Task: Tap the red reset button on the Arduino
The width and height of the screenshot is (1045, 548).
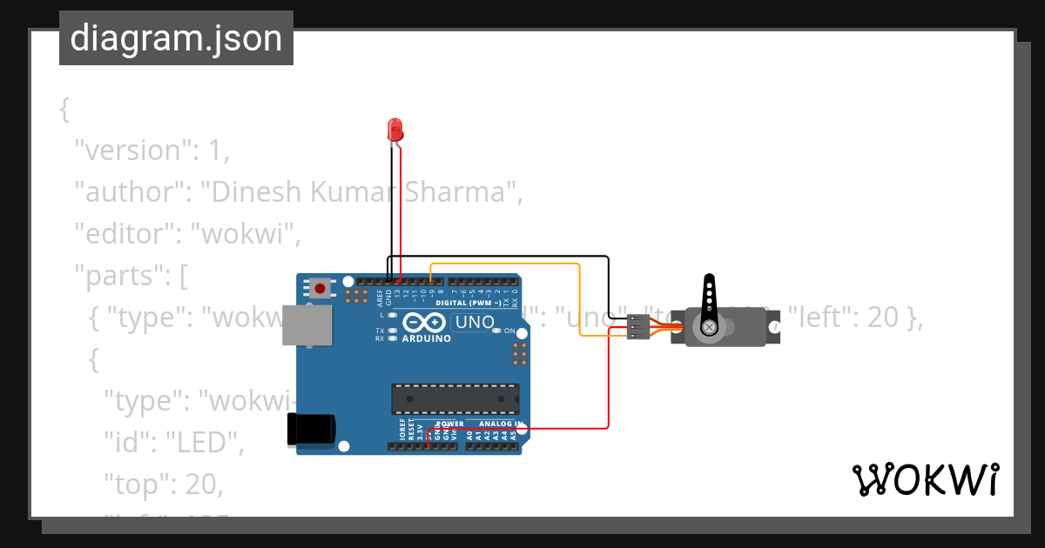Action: [x=320, y=287]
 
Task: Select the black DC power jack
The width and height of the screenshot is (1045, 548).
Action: [x=311, y=430]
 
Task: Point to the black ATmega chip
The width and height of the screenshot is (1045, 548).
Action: [x=455, y=398]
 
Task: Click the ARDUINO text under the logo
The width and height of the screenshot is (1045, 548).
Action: [x=427, y=338]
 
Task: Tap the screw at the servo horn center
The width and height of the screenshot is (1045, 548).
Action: [x=710, y=327]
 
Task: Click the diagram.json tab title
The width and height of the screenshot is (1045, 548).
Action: [x=176, y=38]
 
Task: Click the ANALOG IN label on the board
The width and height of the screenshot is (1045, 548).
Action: [x=502, y=424]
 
